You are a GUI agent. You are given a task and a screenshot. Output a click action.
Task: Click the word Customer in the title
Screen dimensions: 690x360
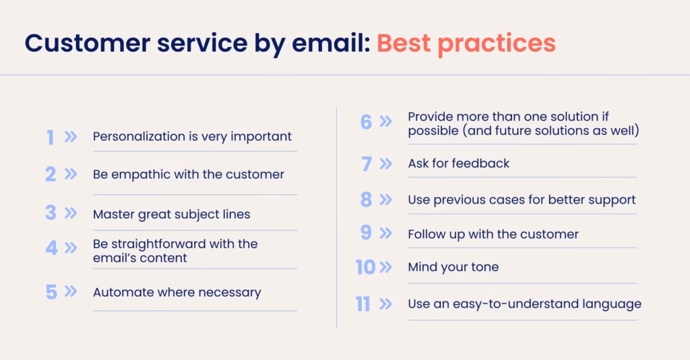tap(87, 43)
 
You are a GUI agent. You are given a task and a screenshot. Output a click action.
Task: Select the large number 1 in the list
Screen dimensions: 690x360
tap(51, 138)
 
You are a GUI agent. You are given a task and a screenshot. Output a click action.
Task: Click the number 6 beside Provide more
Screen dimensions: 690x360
tap(366, 122)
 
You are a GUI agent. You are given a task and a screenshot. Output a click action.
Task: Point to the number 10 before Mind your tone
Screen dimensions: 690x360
tap(365, 267)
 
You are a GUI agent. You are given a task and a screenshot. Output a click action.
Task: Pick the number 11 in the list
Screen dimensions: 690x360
tap(363, 304)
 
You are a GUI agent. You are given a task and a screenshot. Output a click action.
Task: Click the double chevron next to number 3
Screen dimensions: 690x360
tap(71, 213)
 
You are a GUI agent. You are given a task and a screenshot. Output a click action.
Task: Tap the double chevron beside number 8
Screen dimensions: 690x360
tap(386, 200)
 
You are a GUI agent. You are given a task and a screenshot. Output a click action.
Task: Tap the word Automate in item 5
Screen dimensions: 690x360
tap(116, 292)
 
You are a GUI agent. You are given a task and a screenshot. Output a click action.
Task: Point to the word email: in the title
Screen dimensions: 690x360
tap(330, 43)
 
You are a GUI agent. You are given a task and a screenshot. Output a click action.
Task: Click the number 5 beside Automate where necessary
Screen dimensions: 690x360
tap(51, 292)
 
